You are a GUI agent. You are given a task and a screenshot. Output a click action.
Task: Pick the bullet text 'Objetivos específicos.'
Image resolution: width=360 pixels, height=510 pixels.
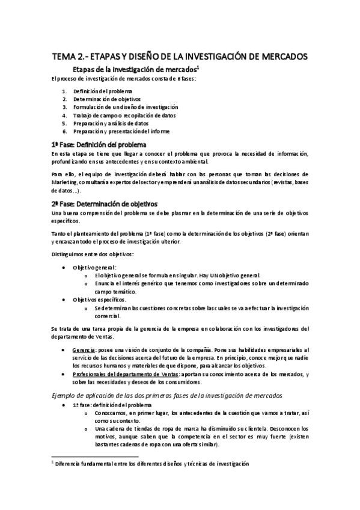click(x=99, y=299)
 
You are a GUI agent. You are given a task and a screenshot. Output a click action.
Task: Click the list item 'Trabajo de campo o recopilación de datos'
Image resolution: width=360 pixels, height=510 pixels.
click(x=124, y=115)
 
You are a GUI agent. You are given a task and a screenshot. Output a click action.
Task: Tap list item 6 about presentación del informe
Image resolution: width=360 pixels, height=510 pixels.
click(x=121, y=131)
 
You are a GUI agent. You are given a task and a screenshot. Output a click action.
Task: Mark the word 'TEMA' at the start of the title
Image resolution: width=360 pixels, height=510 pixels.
click(x=65, y=57)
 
